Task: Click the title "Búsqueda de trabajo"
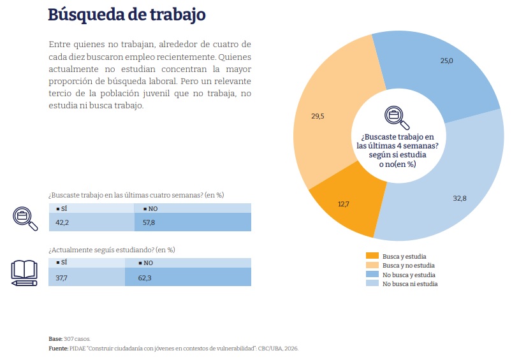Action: point(127,15)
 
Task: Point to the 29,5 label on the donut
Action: point(318,116)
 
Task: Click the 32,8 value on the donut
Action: point(460,198)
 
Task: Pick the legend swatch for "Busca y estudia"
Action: point(372,256)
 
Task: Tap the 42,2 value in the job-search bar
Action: point(62,222)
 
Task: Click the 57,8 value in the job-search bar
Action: point(149,222)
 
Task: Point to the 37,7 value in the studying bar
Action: point(61,278)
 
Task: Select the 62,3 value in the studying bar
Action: point(145,278)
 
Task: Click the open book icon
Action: point(24,273)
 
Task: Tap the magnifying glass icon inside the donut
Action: point(397,117)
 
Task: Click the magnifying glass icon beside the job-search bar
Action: point(25,219)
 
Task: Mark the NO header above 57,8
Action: point(150,209)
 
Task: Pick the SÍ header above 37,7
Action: point(62,263)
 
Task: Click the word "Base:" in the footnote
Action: point(55,339)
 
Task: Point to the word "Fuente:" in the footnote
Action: point(59,349)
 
